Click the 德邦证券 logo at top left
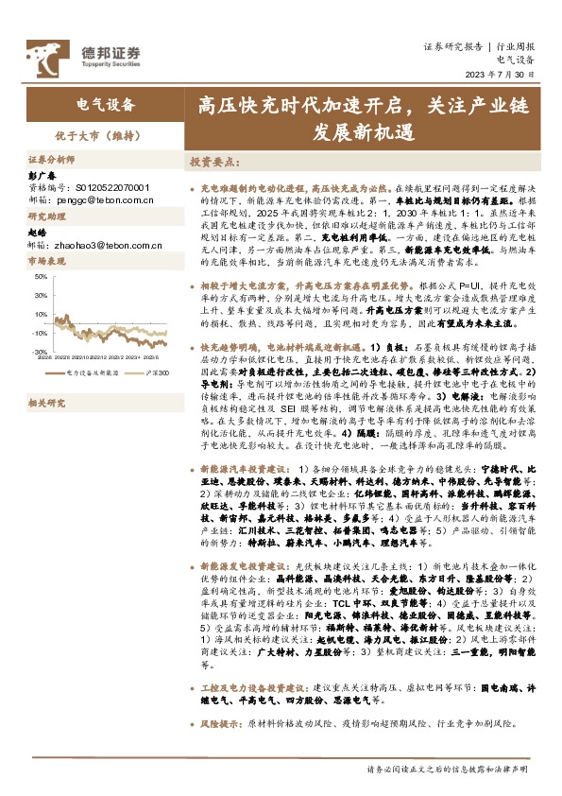pyautogui.click(x=83, y=54)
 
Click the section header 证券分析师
pyautogui.click(x=50, y=161)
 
